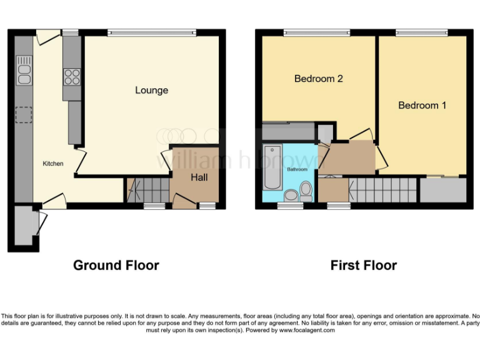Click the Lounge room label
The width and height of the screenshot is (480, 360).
pos(152,91)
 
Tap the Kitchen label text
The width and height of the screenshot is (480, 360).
pos(53,164)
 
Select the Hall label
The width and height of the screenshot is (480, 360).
pos(199,178)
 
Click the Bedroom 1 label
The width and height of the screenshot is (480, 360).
pos(422,106)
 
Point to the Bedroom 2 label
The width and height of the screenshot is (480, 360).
pos(319,79)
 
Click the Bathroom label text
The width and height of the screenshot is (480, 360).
pos(297,169)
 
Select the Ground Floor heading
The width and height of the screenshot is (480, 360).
pos(116,265)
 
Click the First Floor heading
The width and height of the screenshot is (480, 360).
pos(364,265)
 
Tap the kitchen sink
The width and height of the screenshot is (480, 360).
pos(25,71)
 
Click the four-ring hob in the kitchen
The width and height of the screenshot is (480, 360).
pos(71,76)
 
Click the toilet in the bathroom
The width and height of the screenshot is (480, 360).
pos(306,190)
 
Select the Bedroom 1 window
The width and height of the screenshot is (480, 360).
pos(421,32)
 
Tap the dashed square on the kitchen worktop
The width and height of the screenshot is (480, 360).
pos(24,116)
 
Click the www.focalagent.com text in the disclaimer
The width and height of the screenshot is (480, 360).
pos(307,330)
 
